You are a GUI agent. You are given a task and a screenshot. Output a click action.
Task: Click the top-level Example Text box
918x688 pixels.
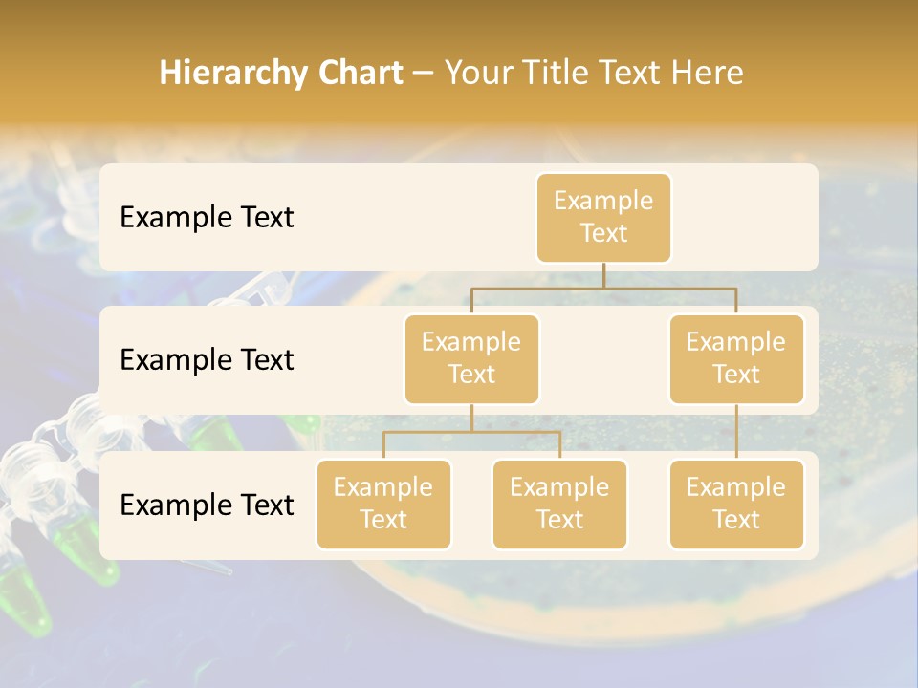coord(603,217)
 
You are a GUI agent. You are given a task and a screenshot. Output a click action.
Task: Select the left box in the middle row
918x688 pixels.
coord(471,358)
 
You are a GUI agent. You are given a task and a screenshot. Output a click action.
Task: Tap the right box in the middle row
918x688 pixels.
coord(736,358)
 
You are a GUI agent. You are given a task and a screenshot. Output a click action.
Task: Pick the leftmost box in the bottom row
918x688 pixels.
coord(383,504)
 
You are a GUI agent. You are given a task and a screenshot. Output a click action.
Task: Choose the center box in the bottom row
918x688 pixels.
coord(559,504)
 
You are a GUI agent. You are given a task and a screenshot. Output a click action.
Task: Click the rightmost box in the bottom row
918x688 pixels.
coord(736,504)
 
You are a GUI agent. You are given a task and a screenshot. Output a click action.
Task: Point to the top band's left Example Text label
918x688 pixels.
coord(207,218)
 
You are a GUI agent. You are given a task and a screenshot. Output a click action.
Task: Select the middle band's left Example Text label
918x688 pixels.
coord(207,360)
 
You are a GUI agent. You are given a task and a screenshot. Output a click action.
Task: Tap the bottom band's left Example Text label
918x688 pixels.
coord(207,505)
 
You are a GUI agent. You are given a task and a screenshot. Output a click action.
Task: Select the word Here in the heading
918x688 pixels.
coord(708,73)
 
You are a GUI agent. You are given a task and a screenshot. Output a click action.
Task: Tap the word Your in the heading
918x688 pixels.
coord(478,74)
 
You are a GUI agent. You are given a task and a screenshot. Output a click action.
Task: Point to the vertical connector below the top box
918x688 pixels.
coord(603,275)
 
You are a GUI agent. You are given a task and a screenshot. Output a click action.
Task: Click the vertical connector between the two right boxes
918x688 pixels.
coord(736,431)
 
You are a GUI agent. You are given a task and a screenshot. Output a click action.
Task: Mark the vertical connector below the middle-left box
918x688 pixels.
coord(471,418)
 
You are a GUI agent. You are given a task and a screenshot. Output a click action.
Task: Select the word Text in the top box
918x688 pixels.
coord(603,233)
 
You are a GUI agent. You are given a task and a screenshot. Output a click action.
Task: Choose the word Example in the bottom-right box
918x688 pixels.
coord(736,487)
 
